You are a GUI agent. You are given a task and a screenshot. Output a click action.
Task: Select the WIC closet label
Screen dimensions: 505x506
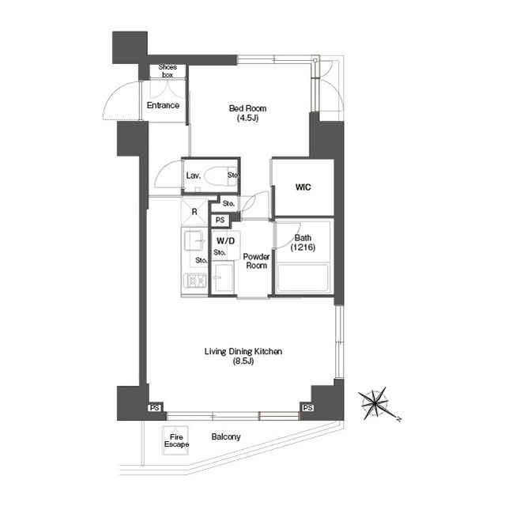point(303,187)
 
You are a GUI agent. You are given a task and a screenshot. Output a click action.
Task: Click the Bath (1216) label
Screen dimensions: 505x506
point(303,243)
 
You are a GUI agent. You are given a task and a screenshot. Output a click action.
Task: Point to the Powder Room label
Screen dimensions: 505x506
point(256,261)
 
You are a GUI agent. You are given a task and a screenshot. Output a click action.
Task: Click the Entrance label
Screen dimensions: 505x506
point(163,105)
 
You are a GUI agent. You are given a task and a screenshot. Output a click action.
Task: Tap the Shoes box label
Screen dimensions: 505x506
point(168,71)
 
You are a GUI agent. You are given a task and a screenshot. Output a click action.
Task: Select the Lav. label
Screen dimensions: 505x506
point(194,176)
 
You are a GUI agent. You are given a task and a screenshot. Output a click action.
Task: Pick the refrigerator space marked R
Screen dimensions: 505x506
point(194,212)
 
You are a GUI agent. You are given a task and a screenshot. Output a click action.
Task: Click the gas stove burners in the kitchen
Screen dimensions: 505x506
point(195,281)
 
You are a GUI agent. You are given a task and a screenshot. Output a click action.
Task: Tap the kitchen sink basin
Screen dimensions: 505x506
point(194,240)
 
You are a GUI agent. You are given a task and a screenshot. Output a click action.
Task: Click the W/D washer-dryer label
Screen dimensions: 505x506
point(226,240)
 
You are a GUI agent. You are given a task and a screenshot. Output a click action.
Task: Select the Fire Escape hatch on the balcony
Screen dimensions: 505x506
point(175,440)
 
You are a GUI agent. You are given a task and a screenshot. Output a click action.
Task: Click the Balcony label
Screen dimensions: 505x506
point(226,436)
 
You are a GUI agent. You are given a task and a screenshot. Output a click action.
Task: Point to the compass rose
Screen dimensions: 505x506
point(375,403)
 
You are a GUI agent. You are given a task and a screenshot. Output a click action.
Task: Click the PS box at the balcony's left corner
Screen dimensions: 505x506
point(154,408)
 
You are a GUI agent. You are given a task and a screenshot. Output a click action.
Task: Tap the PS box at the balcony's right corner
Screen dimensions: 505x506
point(308,408)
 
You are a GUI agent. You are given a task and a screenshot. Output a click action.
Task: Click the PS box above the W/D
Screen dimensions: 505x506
point(220,220)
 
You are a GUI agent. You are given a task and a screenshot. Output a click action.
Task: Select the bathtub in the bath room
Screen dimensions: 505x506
point(303,278)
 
